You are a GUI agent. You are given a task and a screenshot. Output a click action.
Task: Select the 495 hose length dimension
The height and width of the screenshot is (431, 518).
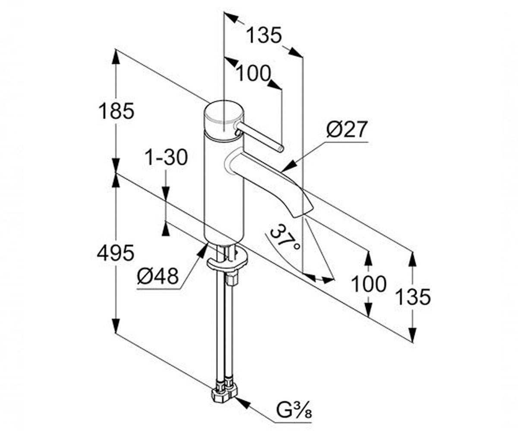(x=116, y=253)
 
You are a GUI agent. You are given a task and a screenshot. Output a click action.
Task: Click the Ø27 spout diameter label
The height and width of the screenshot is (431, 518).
(x=346, y=129)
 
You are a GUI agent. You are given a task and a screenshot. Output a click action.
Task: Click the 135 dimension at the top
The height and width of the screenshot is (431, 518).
(x=265, y=35)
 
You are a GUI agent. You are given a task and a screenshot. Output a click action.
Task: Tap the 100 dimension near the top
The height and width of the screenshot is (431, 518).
(x=253, y=73)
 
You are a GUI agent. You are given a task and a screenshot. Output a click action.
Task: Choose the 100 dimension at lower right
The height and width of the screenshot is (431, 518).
(x=369, y=284)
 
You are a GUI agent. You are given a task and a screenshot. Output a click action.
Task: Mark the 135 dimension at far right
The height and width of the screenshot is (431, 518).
(x=413, y=297)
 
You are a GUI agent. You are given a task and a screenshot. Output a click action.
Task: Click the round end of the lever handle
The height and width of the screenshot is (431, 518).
(x=281, y=148)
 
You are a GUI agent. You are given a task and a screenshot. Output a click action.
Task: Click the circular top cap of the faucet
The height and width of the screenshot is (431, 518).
(x=224, y=112)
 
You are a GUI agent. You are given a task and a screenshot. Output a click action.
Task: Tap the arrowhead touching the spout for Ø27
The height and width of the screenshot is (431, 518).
(x=289, y=166)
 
